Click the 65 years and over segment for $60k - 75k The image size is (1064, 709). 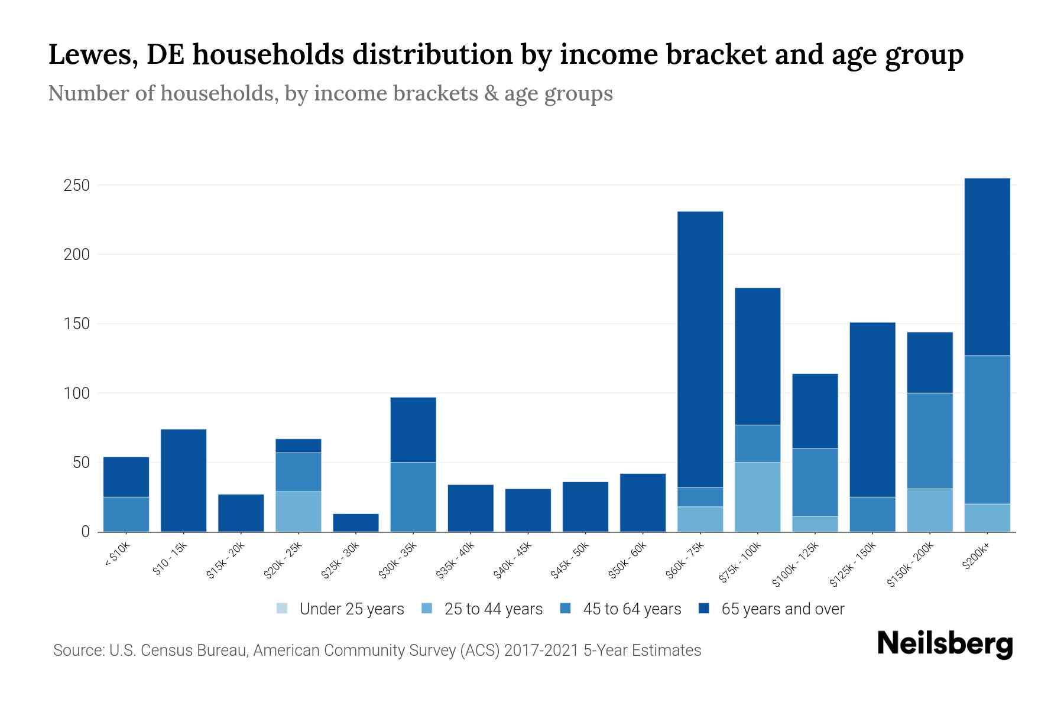700,349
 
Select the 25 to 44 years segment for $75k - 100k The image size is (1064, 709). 757,496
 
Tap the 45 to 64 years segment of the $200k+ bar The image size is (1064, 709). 987,430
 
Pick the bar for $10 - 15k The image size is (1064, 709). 183,480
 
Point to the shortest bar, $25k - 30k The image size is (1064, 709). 355,522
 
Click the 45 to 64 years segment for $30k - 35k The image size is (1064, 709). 413,496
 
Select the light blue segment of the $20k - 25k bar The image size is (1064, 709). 298,511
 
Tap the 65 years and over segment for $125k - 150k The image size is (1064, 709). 872,409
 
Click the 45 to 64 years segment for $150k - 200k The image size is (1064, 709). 929,440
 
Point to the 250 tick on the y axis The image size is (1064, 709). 76,186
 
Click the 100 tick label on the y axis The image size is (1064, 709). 76,393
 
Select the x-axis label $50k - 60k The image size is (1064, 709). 628,561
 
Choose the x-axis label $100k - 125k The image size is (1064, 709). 796,565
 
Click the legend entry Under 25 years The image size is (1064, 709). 351,609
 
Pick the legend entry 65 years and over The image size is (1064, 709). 782,609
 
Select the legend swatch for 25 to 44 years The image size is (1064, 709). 427,609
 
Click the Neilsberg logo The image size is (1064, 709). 945,644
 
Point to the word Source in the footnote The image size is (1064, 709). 77,651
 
